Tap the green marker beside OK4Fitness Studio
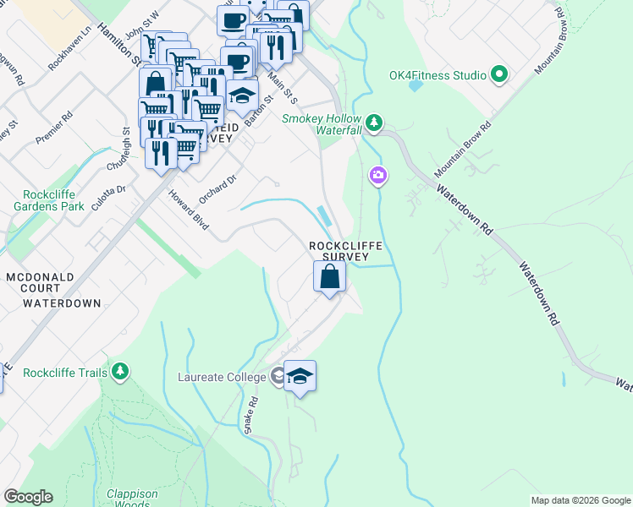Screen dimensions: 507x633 point(498,75)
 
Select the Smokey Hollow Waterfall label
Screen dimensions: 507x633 point(322,125)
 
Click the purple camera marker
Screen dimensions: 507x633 point(377,176)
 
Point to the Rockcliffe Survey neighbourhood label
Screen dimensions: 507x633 point(345,251)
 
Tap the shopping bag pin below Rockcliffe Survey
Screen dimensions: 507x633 point(329,276)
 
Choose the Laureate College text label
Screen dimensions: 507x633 point(222,378)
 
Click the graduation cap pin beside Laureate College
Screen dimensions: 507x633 point(300,376)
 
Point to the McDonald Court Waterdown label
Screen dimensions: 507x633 point(52,290)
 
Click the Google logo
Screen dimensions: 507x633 point(28,497)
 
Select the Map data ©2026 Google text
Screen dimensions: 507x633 point(580,500)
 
